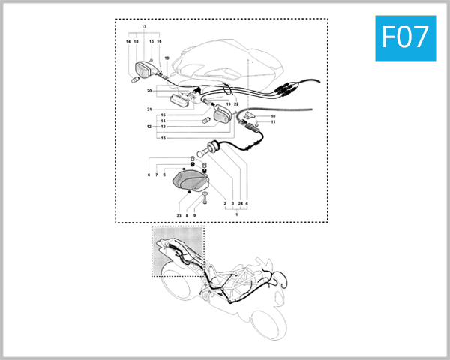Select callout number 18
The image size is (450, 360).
136,42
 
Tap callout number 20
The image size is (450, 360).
149,91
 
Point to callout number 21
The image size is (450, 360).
149,110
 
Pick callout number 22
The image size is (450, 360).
236,103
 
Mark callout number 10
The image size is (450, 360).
273,116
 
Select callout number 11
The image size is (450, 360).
273,122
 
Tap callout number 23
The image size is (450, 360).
179,216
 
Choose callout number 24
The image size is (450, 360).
240,203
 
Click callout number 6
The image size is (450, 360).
148,175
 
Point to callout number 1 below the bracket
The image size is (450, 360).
237,215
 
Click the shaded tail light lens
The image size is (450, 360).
190,180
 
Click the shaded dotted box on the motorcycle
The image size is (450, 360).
178,251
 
